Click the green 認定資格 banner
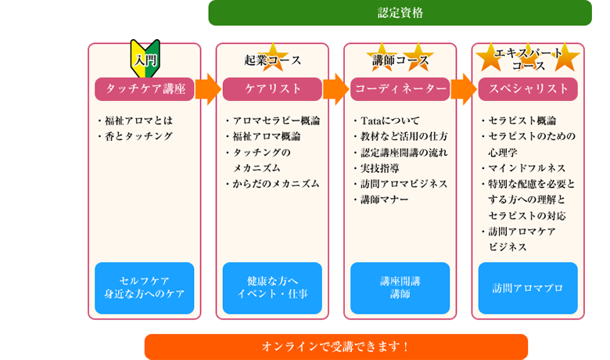(400, 13)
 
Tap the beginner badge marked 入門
(145, 59)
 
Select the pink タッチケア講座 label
(145, 88)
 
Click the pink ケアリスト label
(272, 88)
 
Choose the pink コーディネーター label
(400, 88)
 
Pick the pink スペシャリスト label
(528, 88)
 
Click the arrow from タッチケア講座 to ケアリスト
(208, 89)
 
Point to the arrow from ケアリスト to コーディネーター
(335, 89)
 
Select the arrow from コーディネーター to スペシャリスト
(464, 89)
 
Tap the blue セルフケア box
(145, 288)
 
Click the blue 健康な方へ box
(272, 288)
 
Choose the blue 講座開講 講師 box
(400, 288)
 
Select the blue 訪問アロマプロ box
(528, 288)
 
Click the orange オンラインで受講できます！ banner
(336, 347)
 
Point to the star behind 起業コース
(273, 58)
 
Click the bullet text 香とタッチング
(138, 136)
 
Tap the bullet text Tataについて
(389, 121)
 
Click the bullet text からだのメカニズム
(276, 184)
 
